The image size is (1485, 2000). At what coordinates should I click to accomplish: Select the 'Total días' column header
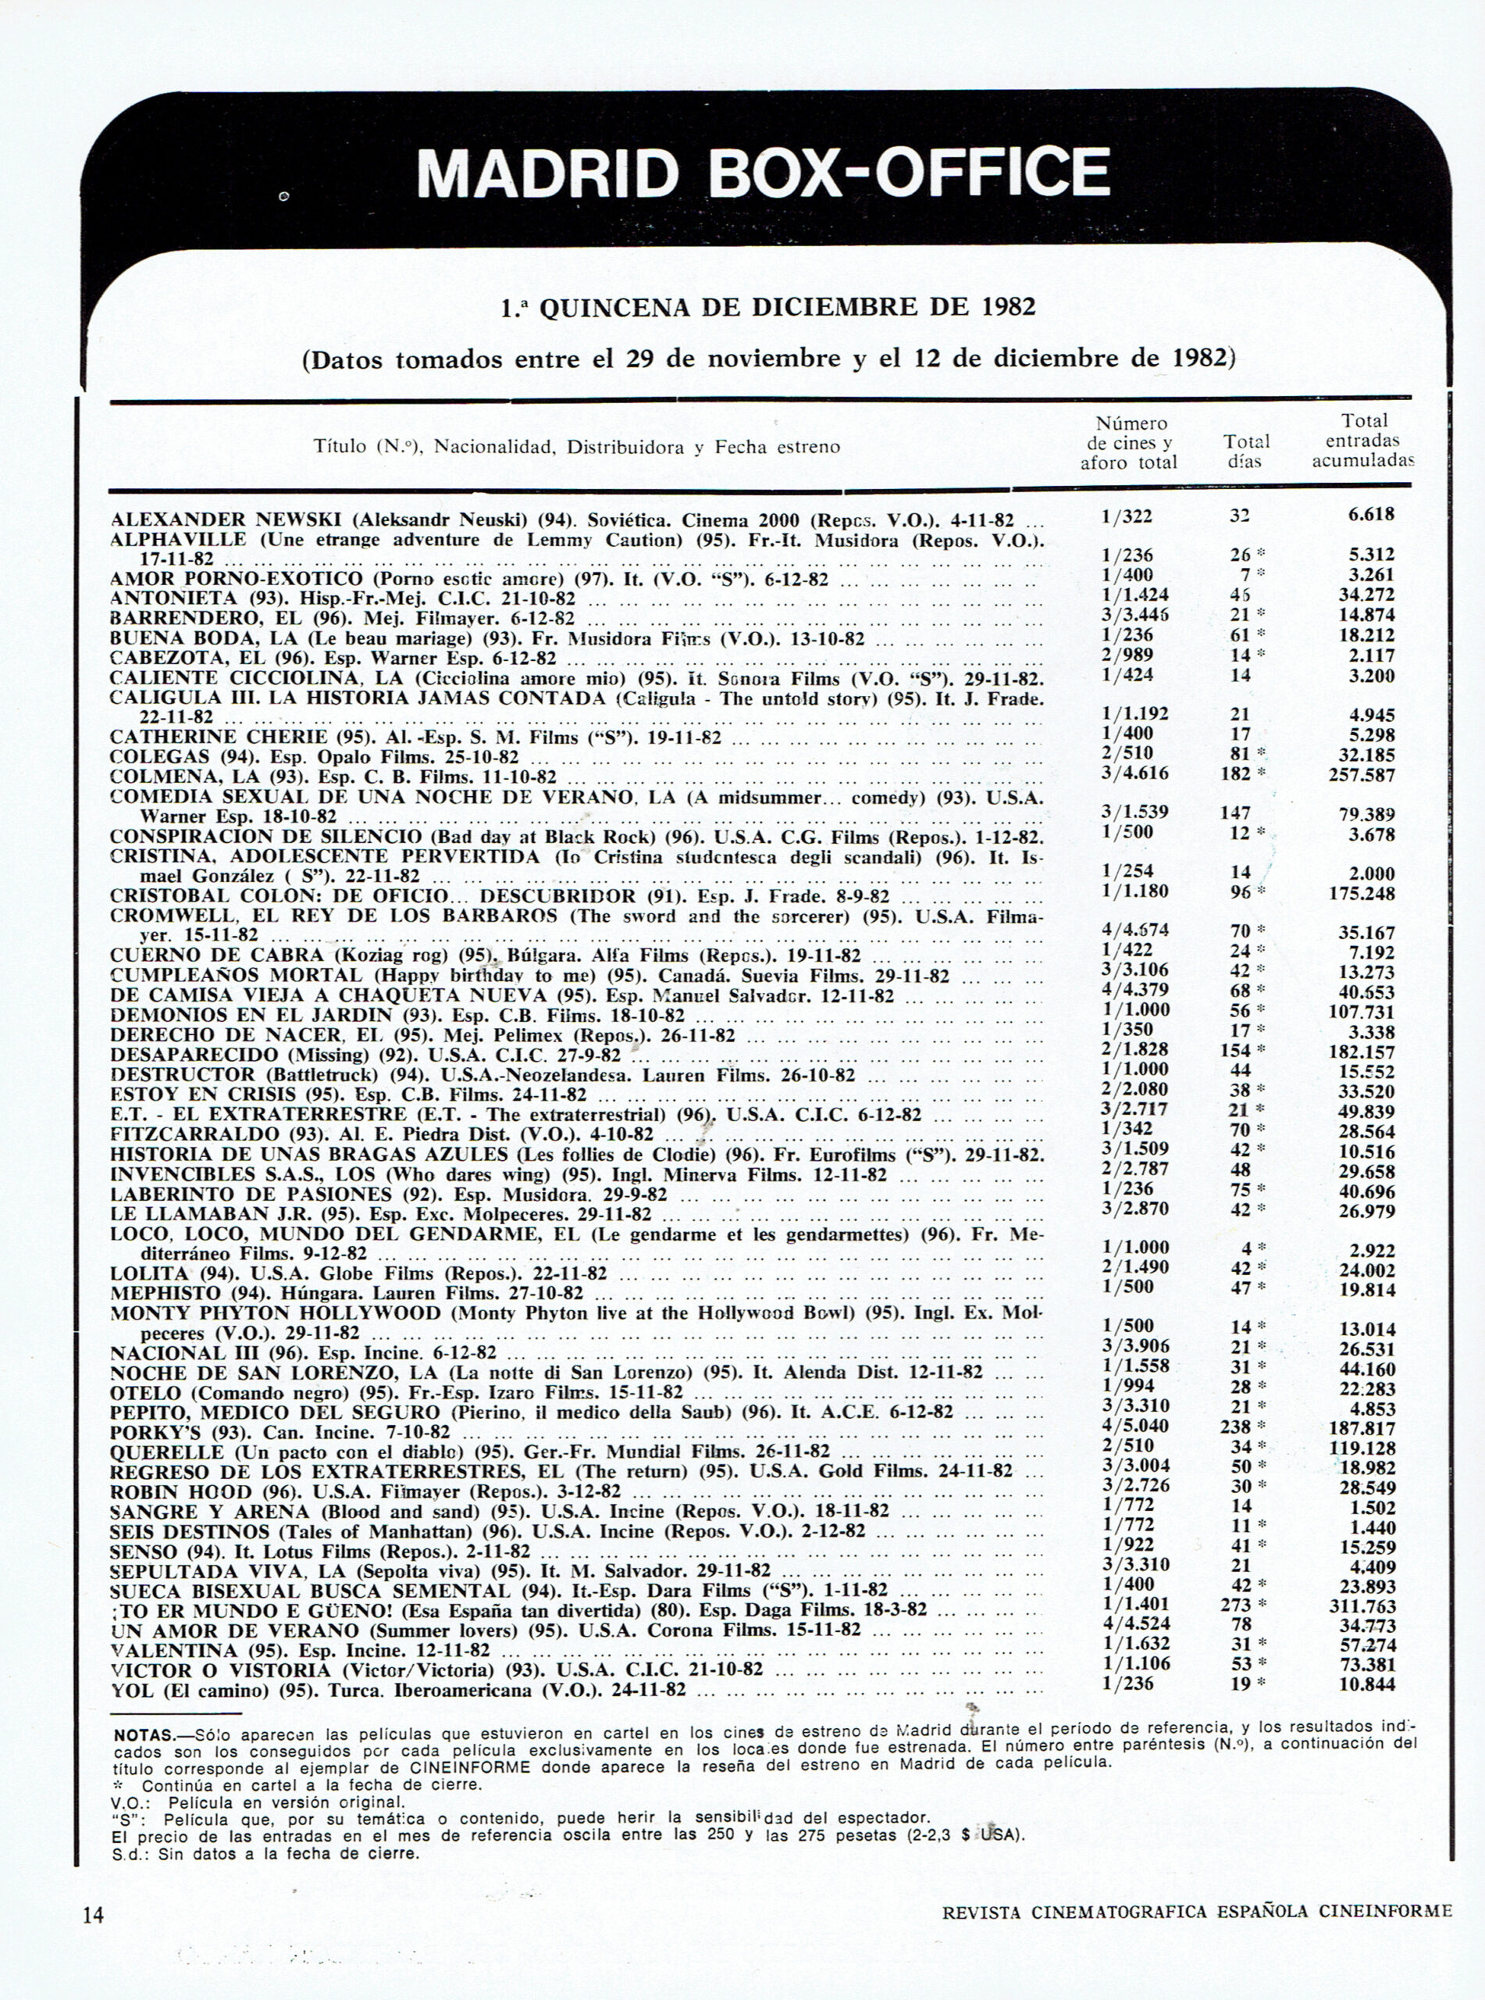pyautogui.click(x=1246, y=452)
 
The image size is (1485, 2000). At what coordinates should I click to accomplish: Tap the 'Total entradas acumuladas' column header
pyautogui.click(x=1362, y=441)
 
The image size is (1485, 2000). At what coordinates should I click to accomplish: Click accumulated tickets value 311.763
pyautogui.click(x=1362, y=1606)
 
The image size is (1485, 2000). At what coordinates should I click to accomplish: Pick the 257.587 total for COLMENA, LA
pyautogui.click(x=1362, y=775)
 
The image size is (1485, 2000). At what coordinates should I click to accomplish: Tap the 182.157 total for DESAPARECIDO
pyautogui.click(x=1362, y=1052)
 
